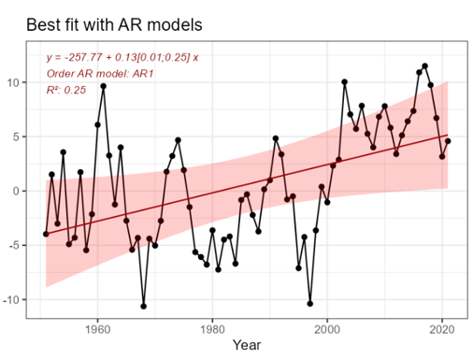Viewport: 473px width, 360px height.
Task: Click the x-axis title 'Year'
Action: coord(247,346)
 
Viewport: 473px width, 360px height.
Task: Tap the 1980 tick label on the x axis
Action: coord(212,328)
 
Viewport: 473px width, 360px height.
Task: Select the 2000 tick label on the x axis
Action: coord(327,328)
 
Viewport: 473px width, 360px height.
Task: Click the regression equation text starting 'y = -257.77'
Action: coord(122,58)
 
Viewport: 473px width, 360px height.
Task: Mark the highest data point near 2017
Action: coord(424,66)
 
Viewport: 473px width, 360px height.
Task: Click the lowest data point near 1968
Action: coord(143,306)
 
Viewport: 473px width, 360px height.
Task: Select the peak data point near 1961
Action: coord(103,86)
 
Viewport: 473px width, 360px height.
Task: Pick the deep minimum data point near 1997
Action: coord(309,303)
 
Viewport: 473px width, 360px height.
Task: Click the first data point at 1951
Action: coord(46,234)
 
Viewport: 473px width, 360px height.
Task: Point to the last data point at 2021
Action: coord(448,141)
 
